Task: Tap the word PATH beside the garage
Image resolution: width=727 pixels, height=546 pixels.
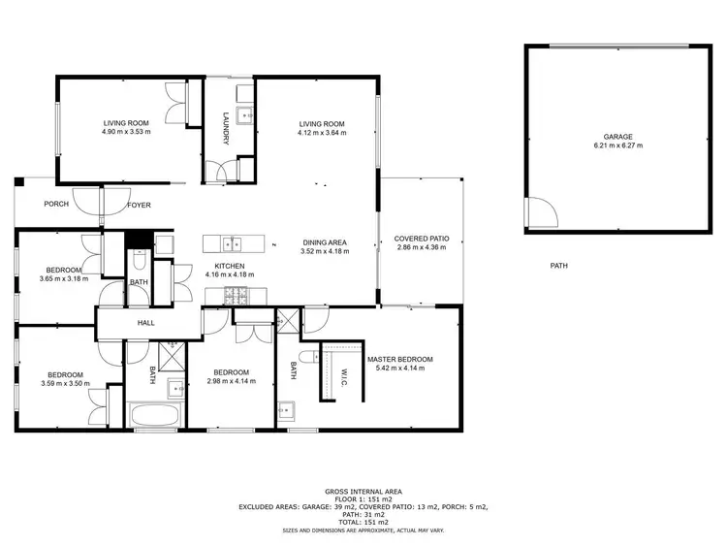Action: (x=559, y=266)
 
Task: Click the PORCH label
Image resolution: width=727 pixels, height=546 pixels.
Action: (x=55, y=205)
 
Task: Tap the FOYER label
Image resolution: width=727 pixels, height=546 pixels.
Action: (x=139, y=205)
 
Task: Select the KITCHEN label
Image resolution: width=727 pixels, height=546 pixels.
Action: (x=229, y=266)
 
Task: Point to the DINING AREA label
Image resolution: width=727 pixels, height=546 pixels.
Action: (x=325, y=242)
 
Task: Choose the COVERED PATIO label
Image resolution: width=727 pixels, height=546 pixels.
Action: (x=422, y=239)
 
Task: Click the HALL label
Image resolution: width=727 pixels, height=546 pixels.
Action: (x=145, y=323)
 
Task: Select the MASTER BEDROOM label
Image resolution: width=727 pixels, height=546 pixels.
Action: (x=399, y=359)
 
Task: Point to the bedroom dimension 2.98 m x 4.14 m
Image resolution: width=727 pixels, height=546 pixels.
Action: (x=231, y=381)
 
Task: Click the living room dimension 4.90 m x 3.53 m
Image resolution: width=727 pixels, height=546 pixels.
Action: (x=126, y=132)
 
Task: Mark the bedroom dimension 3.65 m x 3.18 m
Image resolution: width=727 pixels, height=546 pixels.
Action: (x=64, y=278)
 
